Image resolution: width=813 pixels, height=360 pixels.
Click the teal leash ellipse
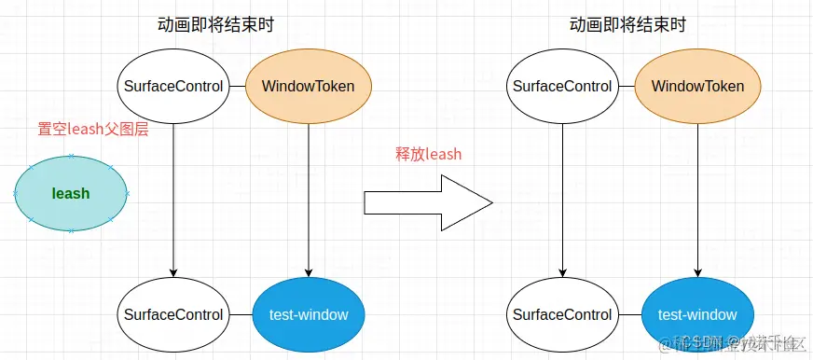pyautogui.click(x=71, y=194)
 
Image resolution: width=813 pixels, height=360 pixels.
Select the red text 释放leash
pyautogui.click(x=428, y=154)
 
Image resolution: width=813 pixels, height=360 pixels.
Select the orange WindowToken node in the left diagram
pyautogui.click(x=308, y=87)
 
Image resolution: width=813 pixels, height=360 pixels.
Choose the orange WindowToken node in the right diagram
pyautogui.click(x=697, y=87)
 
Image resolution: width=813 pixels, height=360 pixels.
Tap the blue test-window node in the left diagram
pyautogui.click(x=308, y=314)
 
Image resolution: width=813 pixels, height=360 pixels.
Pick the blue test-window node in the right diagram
pyautogui.click(x=697, y=314)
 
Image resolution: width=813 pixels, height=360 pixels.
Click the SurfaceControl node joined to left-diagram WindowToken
pyautogui.click(x=173, y=87)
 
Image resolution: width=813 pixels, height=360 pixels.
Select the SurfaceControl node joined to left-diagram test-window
pyautogui.click(x=173, y=314)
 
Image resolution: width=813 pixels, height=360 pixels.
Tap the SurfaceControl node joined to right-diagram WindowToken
pyautogui.click(x=563, y=87)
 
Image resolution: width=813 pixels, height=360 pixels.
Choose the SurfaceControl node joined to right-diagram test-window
pyautogui.click(x=563, y=314)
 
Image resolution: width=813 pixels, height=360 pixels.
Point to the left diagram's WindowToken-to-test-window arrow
pyautogui.click(x=308, y=196)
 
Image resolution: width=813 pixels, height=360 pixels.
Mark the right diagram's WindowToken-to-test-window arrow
pyautogui.click(x=697, y=196)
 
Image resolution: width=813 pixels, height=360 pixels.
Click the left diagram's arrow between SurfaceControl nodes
pyautogui.click(x=173, y=196)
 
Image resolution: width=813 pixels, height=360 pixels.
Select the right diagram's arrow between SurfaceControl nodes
pyautogui.click(x=563, y=196)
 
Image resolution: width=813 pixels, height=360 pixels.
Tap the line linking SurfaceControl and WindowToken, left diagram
pyautogui.click(x=237, y=87)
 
